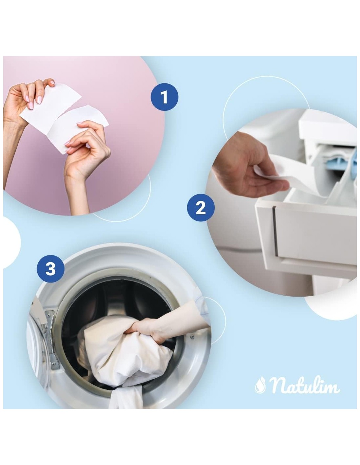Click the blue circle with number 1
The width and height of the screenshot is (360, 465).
point(164,97)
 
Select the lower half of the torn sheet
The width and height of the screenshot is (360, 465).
point(77,129)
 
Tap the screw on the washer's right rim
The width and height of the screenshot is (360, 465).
point(192,336)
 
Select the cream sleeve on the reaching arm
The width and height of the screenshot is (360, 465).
point(182,319)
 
